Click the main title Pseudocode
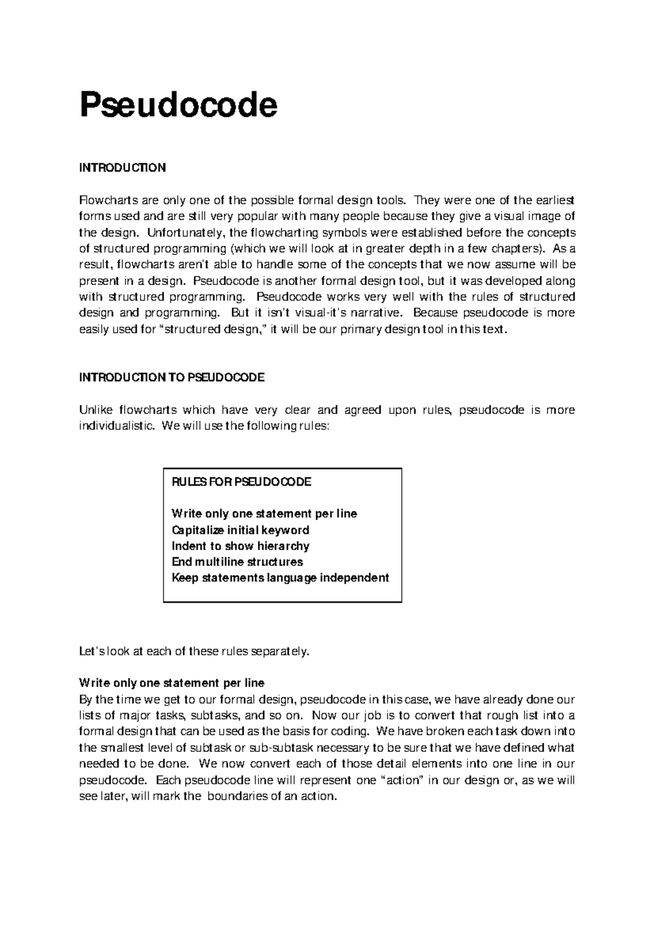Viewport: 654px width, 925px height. [178, 105]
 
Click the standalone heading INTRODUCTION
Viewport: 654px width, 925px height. [122, 168]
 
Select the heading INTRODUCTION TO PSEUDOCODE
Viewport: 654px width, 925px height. [172, 378]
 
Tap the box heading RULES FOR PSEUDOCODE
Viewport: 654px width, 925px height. [241, 482]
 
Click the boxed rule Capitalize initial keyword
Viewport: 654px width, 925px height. [240, 530]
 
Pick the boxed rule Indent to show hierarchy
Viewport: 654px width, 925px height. [240, 546]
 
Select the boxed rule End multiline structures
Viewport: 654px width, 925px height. [237, 562]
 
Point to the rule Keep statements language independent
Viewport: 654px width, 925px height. [280, 577]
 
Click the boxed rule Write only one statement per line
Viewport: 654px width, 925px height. [264, 514]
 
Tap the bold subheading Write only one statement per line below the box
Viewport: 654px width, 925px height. [172, 683]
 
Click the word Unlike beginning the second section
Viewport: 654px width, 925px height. [95, 410]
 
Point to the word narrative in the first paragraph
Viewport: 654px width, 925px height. [379, 313]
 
